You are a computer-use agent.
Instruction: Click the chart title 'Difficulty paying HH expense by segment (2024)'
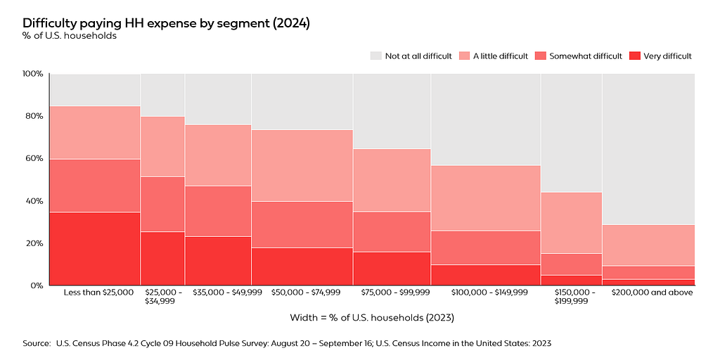click(166, 23)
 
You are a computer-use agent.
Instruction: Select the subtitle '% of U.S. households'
click(70, 36)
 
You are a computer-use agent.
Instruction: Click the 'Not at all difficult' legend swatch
click(376, 56)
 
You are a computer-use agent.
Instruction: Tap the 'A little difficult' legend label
click(501, 56)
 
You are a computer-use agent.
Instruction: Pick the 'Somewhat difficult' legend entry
click(579, 56)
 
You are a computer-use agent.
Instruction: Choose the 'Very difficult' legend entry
click(660, 56)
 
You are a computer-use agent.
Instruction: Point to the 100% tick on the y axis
click(32, 74)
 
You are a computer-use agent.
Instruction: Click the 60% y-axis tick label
click(34, 158)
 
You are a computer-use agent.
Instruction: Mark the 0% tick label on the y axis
click(37, 285)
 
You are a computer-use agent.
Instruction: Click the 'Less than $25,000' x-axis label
click(98, 292)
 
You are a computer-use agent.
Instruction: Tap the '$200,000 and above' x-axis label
click(652, 292)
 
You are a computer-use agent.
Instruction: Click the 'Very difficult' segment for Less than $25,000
click(95, 248)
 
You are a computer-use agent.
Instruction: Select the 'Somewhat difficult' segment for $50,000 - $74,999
click(302, 224)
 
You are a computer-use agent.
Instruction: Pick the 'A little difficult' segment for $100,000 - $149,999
click(486, 198)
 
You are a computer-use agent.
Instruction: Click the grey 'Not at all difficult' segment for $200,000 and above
click(648, 149)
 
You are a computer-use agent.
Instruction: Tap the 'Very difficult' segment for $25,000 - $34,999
click(162, 259)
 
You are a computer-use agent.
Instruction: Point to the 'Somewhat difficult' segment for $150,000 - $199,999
click(572, 264)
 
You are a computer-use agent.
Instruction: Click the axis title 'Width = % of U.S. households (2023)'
click(373, 318)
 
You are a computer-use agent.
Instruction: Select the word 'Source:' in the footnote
click(37, 343)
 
